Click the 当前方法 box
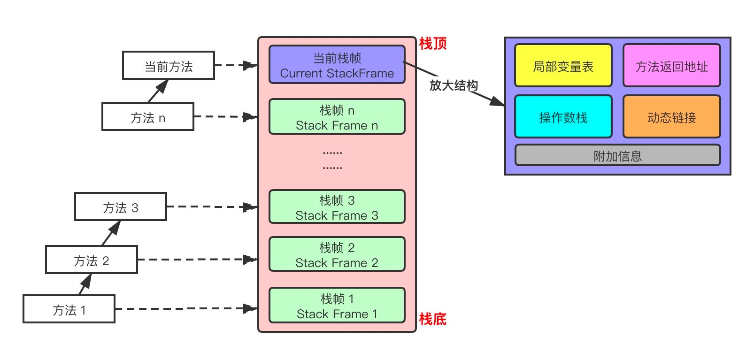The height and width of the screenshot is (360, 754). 168,66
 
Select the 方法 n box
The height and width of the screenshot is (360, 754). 148,117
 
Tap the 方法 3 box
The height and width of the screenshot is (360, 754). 121,207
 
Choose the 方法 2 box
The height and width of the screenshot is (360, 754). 92,260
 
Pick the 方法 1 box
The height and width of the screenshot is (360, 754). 69,309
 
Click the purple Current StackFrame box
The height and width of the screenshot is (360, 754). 337,65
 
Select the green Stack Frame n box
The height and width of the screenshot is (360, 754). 337,117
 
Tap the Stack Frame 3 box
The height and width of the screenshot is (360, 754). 337,207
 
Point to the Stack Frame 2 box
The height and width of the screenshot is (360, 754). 337,254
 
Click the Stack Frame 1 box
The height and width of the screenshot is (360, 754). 337,306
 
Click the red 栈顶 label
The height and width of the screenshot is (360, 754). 432,44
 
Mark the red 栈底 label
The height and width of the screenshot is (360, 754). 432,319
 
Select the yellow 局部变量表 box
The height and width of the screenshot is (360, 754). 563,66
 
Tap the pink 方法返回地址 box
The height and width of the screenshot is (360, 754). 671,66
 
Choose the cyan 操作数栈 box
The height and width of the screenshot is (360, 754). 563,117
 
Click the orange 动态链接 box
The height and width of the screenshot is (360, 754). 671,117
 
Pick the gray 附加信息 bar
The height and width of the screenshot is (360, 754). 617,156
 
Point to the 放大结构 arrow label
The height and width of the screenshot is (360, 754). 454,85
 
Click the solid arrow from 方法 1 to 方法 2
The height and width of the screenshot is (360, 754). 85,284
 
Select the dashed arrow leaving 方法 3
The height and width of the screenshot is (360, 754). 211,207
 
